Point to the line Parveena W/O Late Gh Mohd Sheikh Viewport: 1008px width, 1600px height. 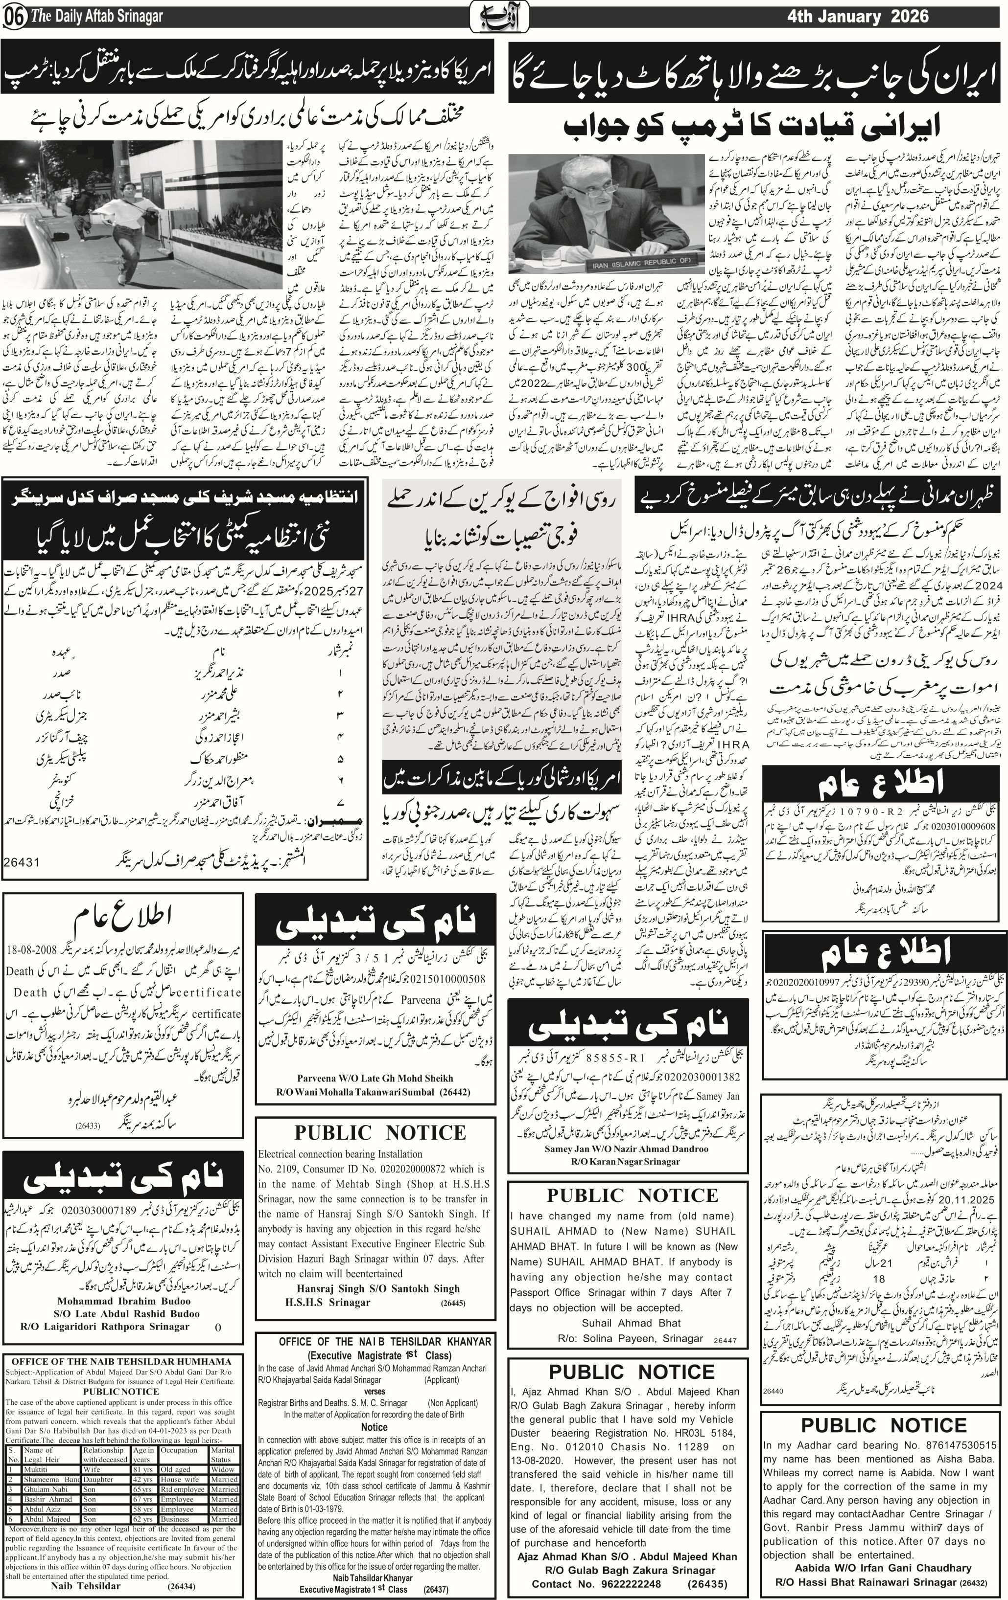[x=375, y=1078]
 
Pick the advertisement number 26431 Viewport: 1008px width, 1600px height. [x=22, y=862]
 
